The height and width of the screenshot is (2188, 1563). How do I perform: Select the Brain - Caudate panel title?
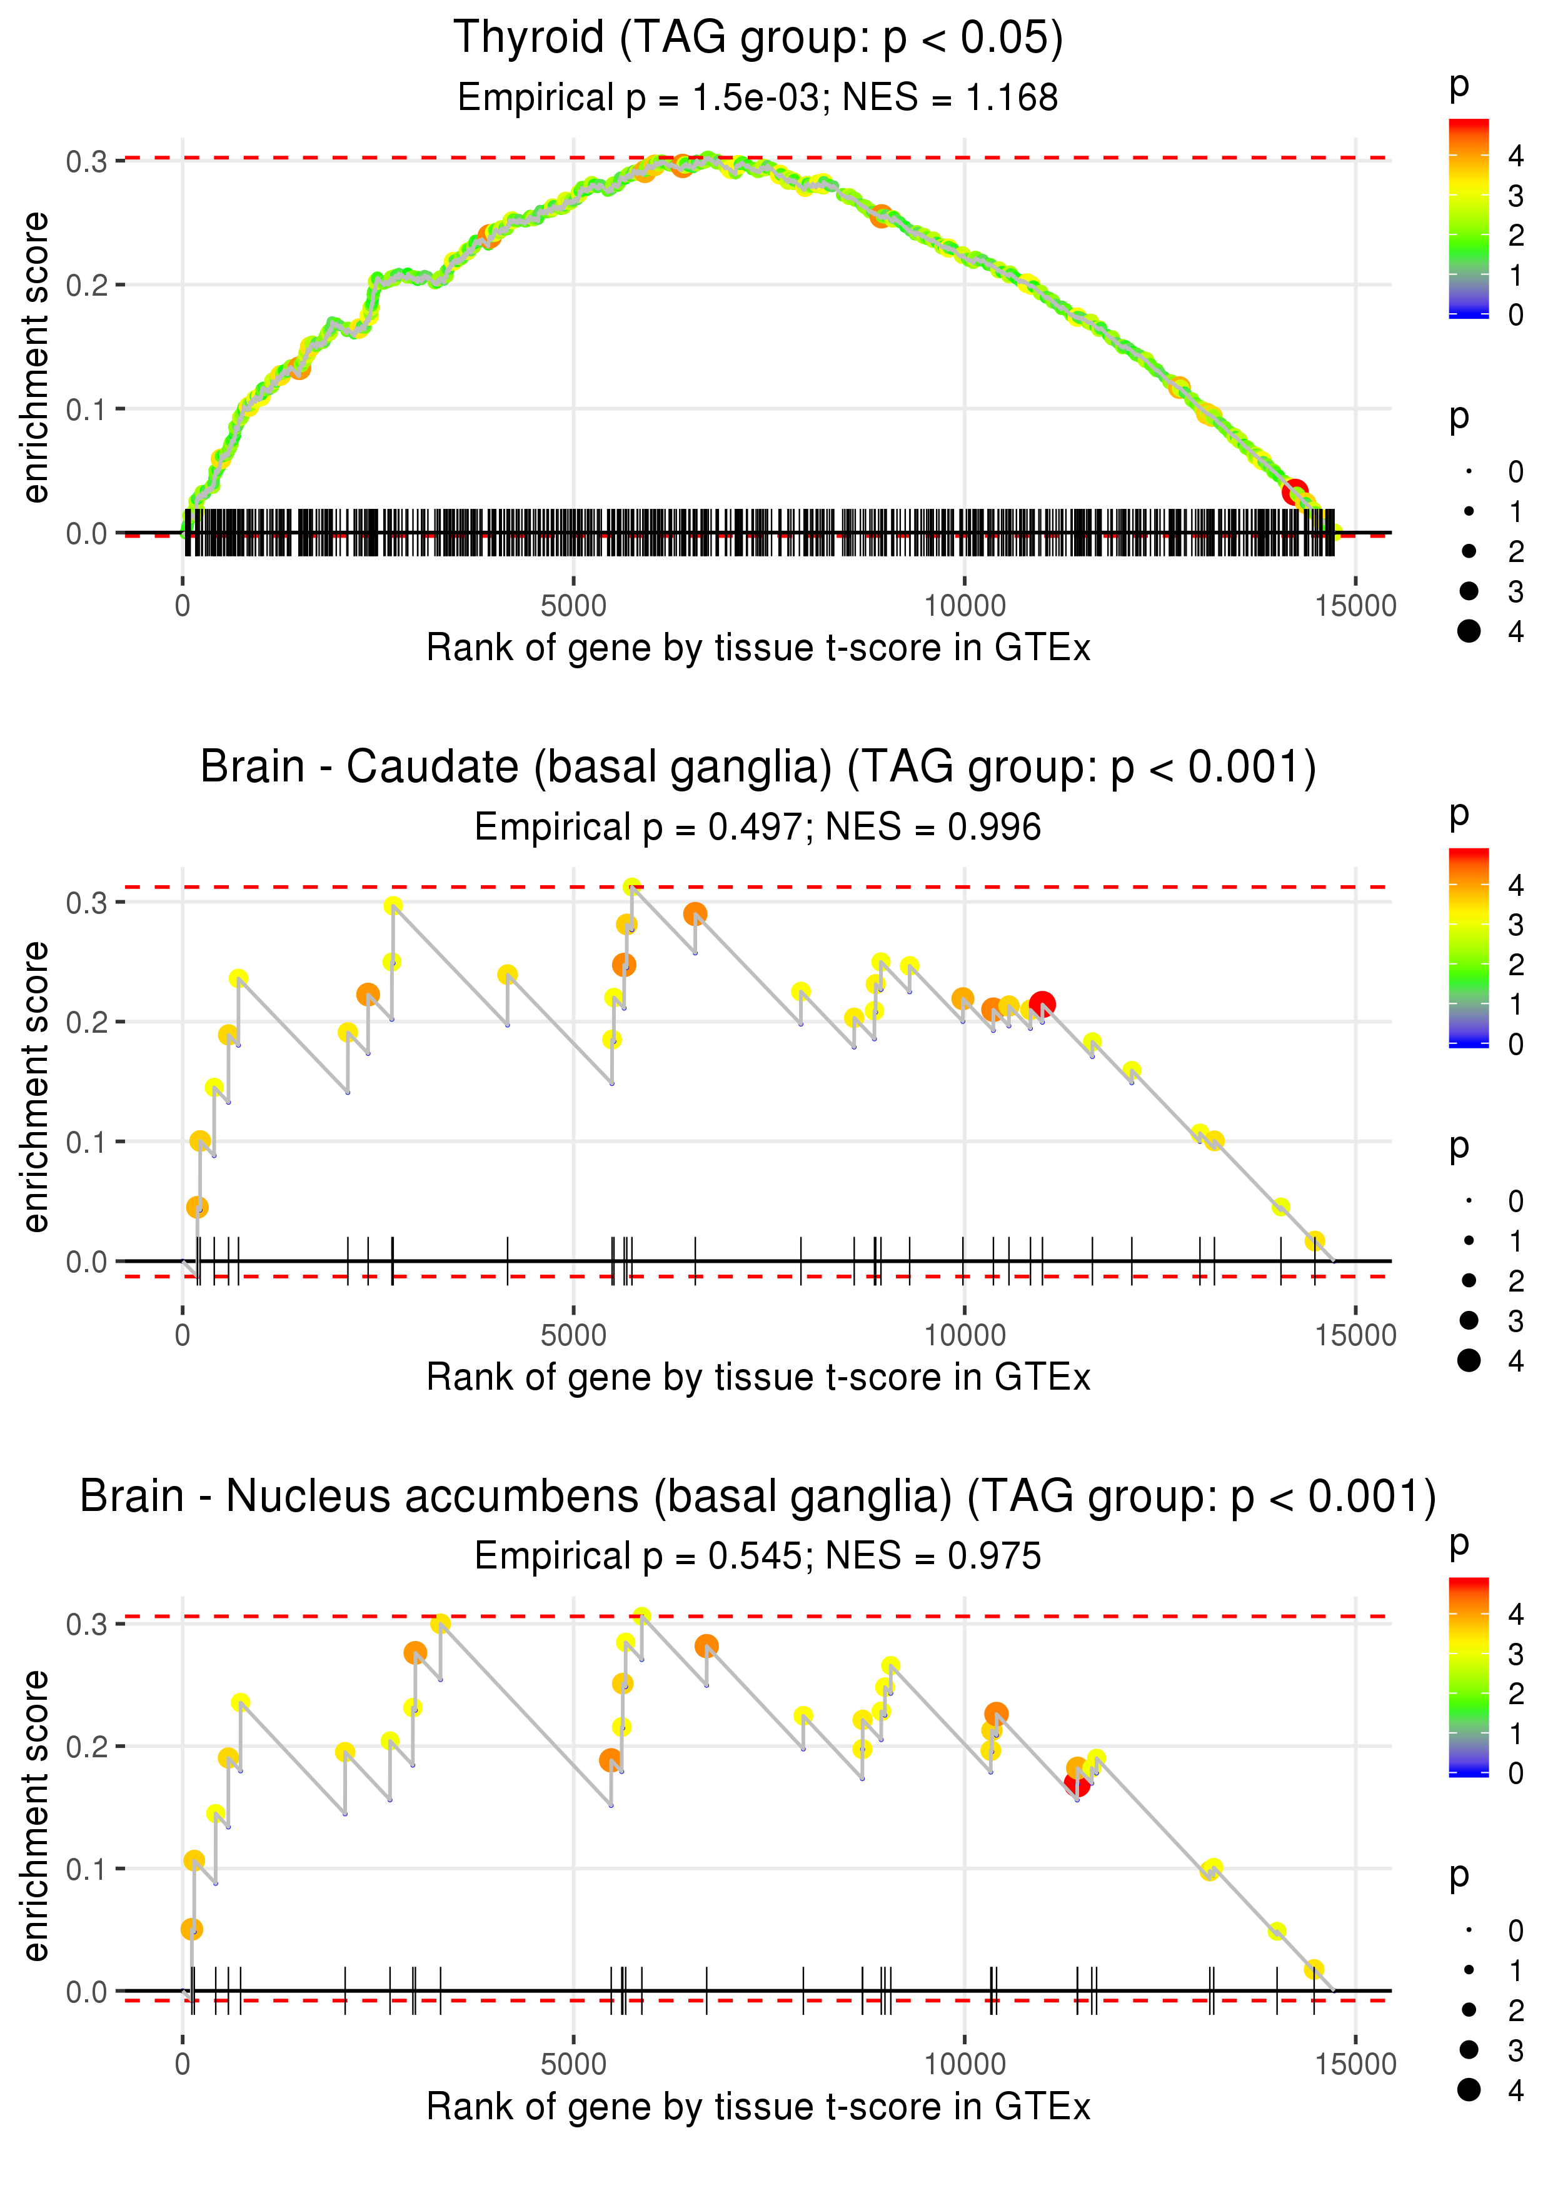758,768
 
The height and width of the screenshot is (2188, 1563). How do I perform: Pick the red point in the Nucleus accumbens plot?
1077,1784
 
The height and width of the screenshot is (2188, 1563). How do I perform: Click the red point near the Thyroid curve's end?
1295,491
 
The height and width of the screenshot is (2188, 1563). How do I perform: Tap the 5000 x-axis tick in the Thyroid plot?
573,606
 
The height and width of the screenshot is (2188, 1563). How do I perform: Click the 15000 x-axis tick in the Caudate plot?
1355,1335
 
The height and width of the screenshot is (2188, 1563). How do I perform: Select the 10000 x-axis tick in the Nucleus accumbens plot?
964,2065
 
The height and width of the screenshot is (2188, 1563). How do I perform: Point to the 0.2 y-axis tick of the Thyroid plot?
87,286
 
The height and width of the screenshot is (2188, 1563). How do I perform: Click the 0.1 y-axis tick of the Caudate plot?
87,1142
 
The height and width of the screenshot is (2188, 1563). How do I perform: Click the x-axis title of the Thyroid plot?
758,648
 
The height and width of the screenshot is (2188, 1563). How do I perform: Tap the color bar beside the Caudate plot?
1469,948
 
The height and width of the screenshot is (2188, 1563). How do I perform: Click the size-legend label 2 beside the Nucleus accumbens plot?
1516,2010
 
